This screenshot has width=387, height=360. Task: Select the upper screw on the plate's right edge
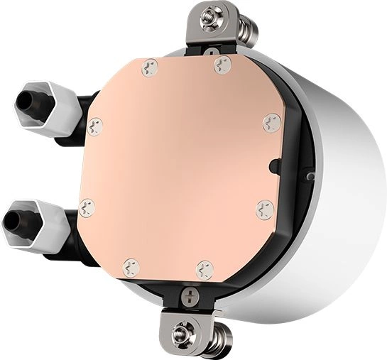point(271,123)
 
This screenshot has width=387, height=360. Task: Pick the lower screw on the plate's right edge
point(264,209)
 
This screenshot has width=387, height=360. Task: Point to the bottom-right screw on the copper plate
point(205,269)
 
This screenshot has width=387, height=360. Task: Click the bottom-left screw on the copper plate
point(131,268)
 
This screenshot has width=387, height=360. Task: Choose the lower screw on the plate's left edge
point(87,207)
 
